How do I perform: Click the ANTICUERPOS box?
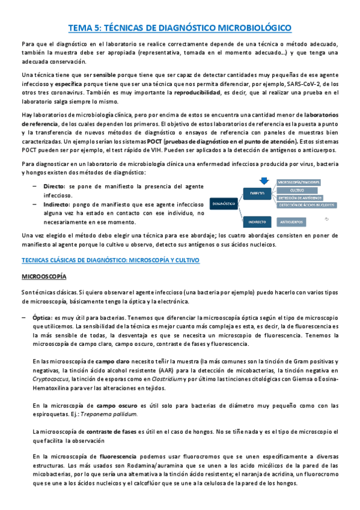pyautogui.click(x=291, y=221)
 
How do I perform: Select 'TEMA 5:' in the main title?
pyautogui.click(x=85, y=28)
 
